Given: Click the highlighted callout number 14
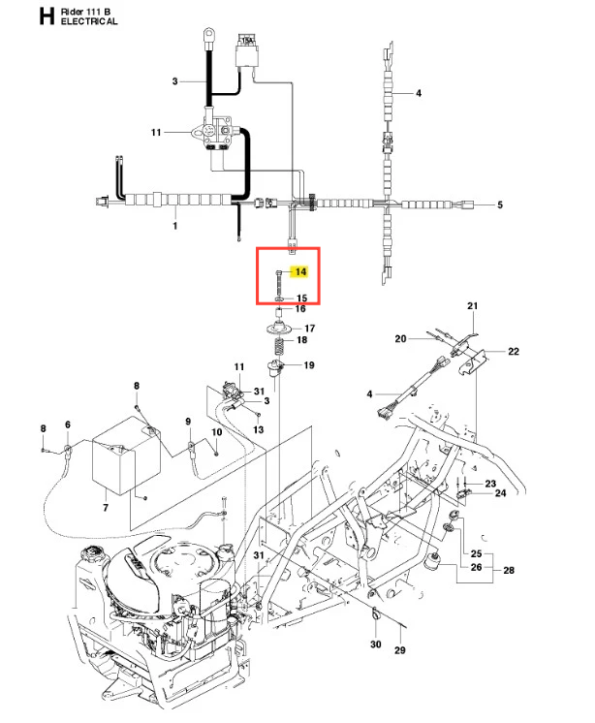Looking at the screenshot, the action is [x=300, y=271].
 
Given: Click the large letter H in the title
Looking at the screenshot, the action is [x=47, y=16].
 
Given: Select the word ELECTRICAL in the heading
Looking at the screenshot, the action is [x=89, y=21].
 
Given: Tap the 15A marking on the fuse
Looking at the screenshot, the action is [x=247, y=41].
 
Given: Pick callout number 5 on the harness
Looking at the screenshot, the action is [x=500, y=204].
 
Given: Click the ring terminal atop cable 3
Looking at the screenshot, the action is [x=208, y=34].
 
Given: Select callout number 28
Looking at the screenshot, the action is [x=509, y=571].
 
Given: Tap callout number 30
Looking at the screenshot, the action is [x=376, y=644].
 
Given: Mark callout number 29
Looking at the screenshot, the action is [x=400, y=650].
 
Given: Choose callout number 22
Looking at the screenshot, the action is [x=514, y=352].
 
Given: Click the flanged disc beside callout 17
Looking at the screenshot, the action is [x=280, y=329].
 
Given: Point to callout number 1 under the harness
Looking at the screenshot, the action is [x=175, y=226].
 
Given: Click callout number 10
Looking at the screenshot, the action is [x=217, y=432].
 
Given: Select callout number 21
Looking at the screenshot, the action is [x=472, y=305].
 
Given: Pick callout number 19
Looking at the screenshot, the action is [x=309, y=365].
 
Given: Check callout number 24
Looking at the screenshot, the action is [x=501, y=493].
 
